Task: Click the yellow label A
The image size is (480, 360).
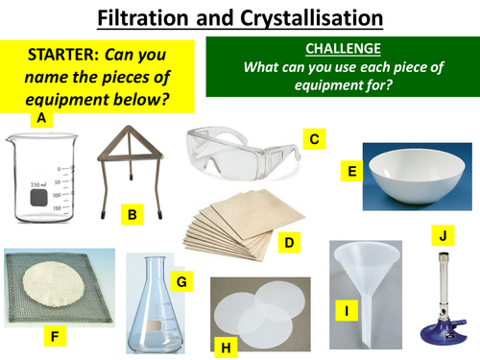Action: click(x=40, y=119)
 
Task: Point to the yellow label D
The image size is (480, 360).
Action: click(x=288, y=243)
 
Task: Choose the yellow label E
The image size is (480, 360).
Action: click(x=351, y=172)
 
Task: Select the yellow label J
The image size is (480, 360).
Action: click(x=442, y=232)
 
